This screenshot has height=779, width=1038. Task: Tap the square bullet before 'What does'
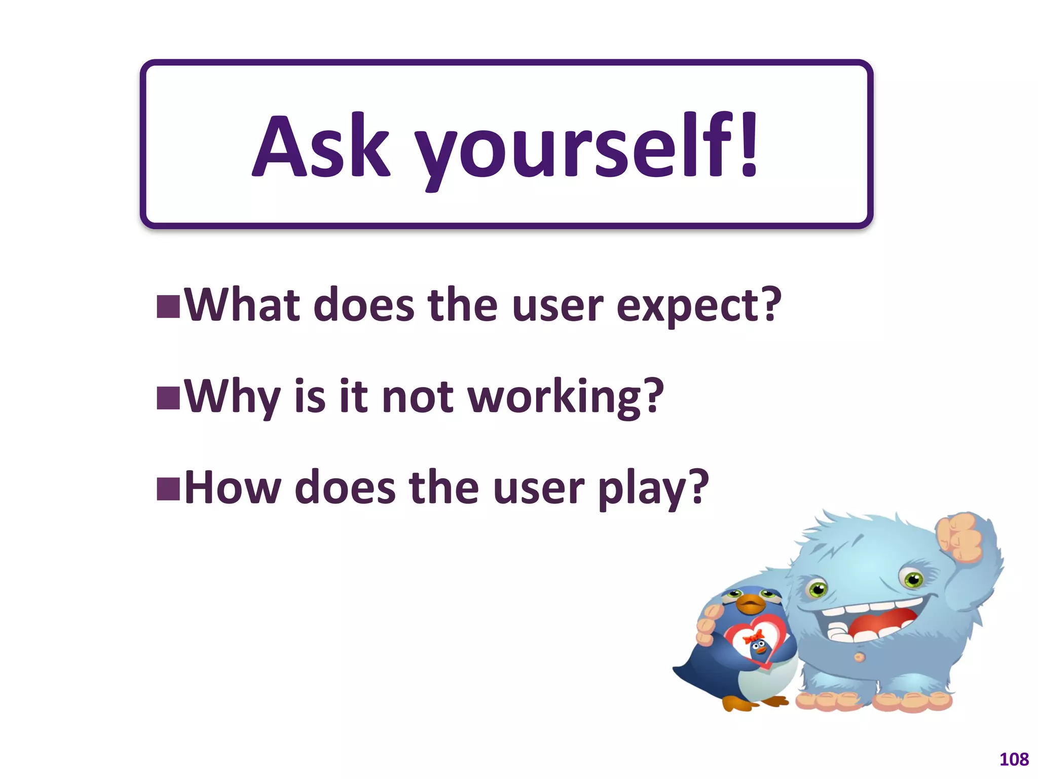pos(168,306)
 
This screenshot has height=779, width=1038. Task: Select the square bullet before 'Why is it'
pos(168,398)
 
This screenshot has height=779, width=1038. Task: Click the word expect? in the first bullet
pos(698,307)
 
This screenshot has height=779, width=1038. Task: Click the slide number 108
pos(1014,759)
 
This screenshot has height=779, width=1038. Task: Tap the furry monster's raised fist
pos(959,538)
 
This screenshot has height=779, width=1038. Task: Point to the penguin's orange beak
pos(750,604)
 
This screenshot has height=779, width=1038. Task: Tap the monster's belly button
pos(859,657)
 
